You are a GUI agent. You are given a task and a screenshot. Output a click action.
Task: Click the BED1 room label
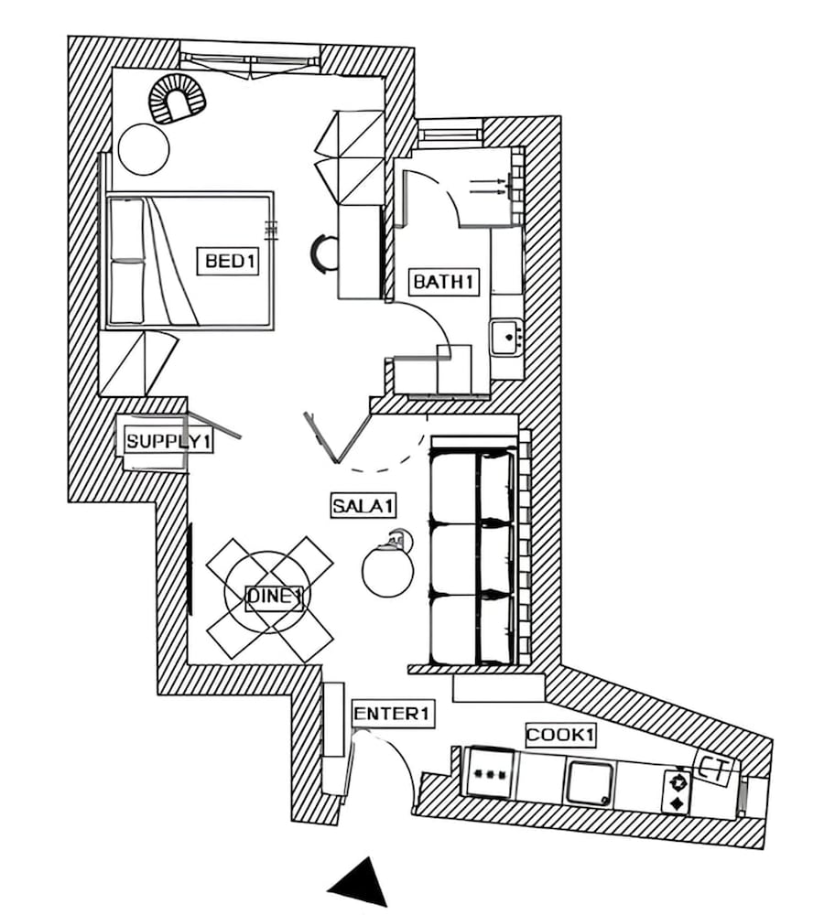click(x=228, y=261)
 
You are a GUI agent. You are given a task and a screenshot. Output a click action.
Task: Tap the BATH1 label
click(x=443, y=282)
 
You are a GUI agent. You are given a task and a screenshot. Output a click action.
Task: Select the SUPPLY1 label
click(x=168, y=441)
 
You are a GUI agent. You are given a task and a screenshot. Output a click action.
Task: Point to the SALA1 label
click(x=363, y=505)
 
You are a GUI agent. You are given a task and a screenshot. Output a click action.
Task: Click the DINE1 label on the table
click(x=275, y=597)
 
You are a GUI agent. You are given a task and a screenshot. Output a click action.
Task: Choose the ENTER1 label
click(x=393, y=714)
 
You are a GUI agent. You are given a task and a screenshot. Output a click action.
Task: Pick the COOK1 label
click(x=560, y=735)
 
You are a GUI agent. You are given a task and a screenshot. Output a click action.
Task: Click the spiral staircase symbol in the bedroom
click(x=177, y=101)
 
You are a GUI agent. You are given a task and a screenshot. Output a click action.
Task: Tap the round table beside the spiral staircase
click(x=144, y=149)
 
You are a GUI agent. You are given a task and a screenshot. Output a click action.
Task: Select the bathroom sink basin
click(x=505, y=338)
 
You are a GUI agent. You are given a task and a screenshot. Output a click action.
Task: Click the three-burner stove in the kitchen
click(x=491, y=773)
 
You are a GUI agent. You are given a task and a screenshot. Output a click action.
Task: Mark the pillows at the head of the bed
click(x=126, y=261)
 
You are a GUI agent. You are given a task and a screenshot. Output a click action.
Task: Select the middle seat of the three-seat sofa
click(x=473, y=559)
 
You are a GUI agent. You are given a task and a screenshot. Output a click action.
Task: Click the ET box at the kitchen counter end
click(x=714, y=770)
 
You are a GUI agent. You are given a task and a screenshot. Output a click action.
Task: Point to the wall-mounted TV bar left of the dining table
click(x=190, y=568)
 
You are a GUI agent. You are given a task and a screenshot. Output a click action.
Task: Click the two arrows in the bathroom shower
click(x=488, y=186)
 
